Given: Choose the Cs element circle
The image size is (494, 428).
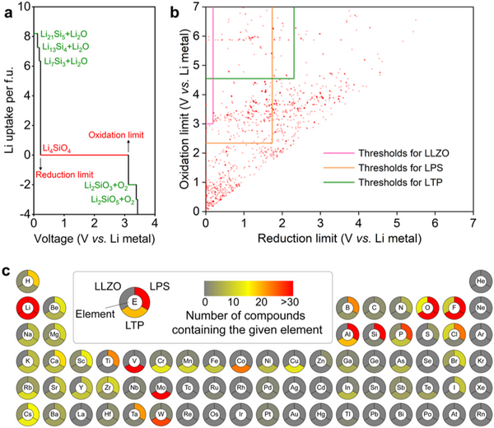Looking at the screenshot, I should [28, 414].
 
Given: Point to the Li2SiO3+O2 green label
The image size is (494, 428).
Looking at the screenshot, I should [112, 187].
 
